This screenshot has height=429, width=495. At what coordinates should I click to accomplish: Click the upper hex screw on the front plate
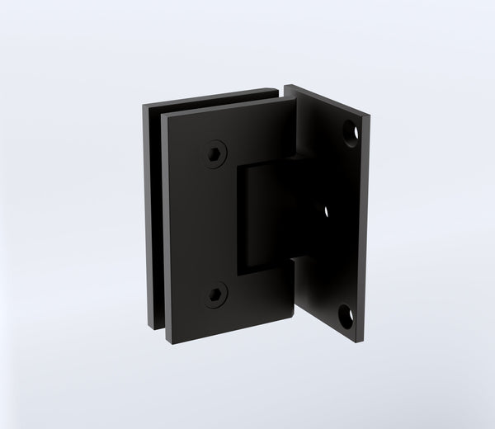coord(216,153)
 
